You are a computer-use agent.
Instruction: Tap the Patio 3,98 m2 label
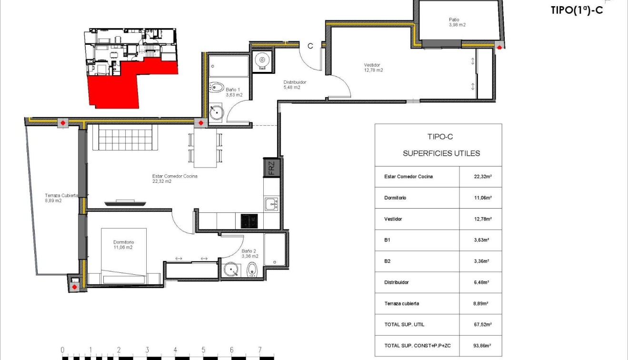(457, 22)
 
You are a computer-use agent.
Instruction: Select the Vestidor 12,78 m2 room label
(373, 68)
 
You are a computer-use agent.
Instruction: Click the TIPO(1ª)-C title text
(576, 10)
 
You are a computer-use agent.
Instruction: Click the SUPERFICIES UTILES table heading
(441, 153)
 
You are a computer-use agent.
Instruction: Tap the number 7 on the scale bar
(259, 350)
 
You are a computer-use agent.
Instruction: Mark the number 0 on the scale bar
(62, 350)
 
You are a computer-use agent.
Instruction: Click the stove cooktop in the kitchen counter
(248, 221)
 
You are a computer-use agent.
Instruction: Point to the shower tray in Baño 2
(275, 250)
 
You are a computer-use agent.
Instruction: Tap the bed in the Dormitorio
(124, 257)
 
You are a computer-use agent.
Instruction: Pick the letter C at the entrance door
(310, 46)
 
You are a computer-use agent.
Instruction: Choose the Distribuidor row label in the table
(396, 282)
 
